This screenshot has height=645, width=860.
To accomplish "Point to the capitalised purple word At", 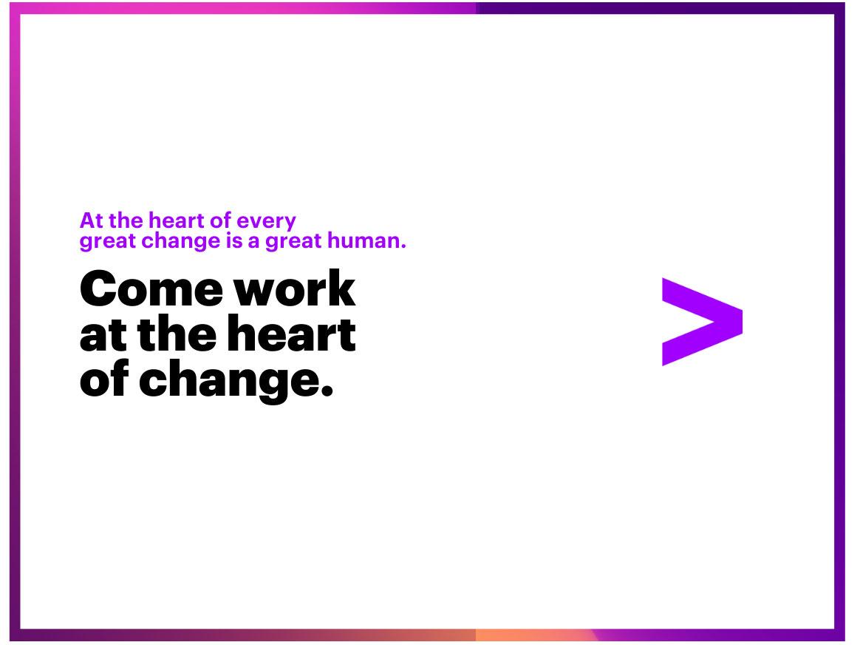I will click(90, 221).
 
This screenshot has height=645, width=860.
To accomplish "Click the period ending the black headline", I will click(327, 390).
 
